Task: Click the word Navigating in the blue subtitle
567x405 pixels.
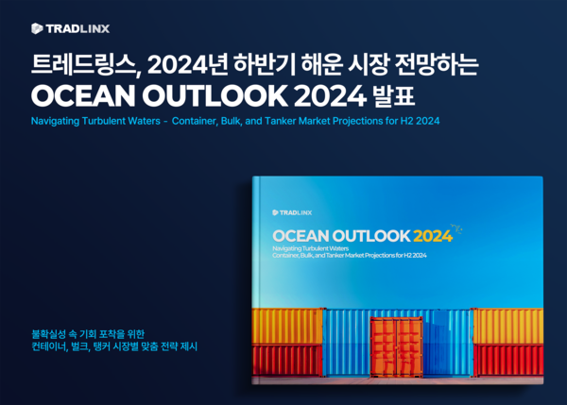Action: tap(58, 122)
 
